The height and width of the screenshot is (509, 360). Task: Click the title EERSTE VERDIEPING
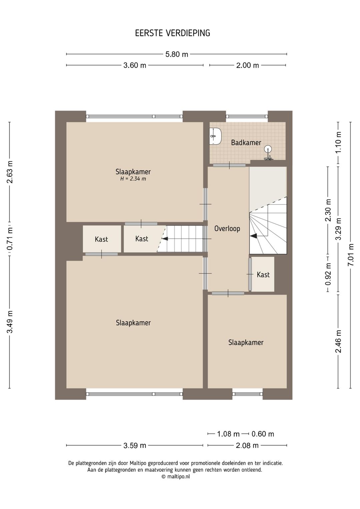coord(172,33)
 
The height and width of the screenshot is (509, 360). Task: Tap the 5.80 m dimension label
coord(177,54)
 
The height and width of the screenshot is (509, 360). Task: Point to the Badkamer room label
coord(246,143)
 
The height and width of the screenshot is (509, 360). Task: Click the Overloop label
coord(227,228)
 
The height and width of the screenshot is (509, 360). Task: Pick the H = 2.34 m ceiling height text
coord(133,179)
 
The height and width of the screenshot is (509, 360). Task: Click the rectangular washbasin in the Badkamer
coord(215,136)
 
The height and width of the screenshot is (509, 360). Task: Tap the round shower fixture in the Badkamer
coord(268,149)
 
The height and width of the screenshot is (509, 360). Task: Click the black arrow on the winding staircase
coord(254,236)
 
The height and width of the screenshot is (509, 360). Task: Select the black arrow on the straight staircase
coord(164,238)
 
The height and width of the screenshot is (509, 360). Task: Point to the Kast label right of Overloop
coord(263,275)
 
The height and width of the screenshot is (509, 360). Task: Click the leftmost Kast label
coord(101,239)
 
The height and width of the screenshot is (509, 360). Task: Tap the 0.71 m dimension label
coord(10,239)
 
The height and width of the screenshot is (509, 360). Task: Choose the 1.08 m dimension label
coord(228,434)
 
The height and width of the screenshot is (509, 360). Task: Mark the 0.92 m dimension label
coord(328,274)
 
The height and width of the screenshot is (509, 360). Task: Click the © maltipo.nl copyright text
coord(176,477)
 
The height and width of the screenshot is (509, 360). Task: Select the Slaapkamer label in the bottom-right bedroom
coord(246,343)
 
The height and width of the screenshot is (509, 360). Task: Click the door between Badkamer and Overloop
coord(229,165)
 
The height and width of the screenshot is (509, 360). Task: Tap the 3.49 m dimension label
coord(10,322)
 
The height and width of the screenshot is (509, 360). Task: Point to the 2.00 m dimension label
coord(248,65)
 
